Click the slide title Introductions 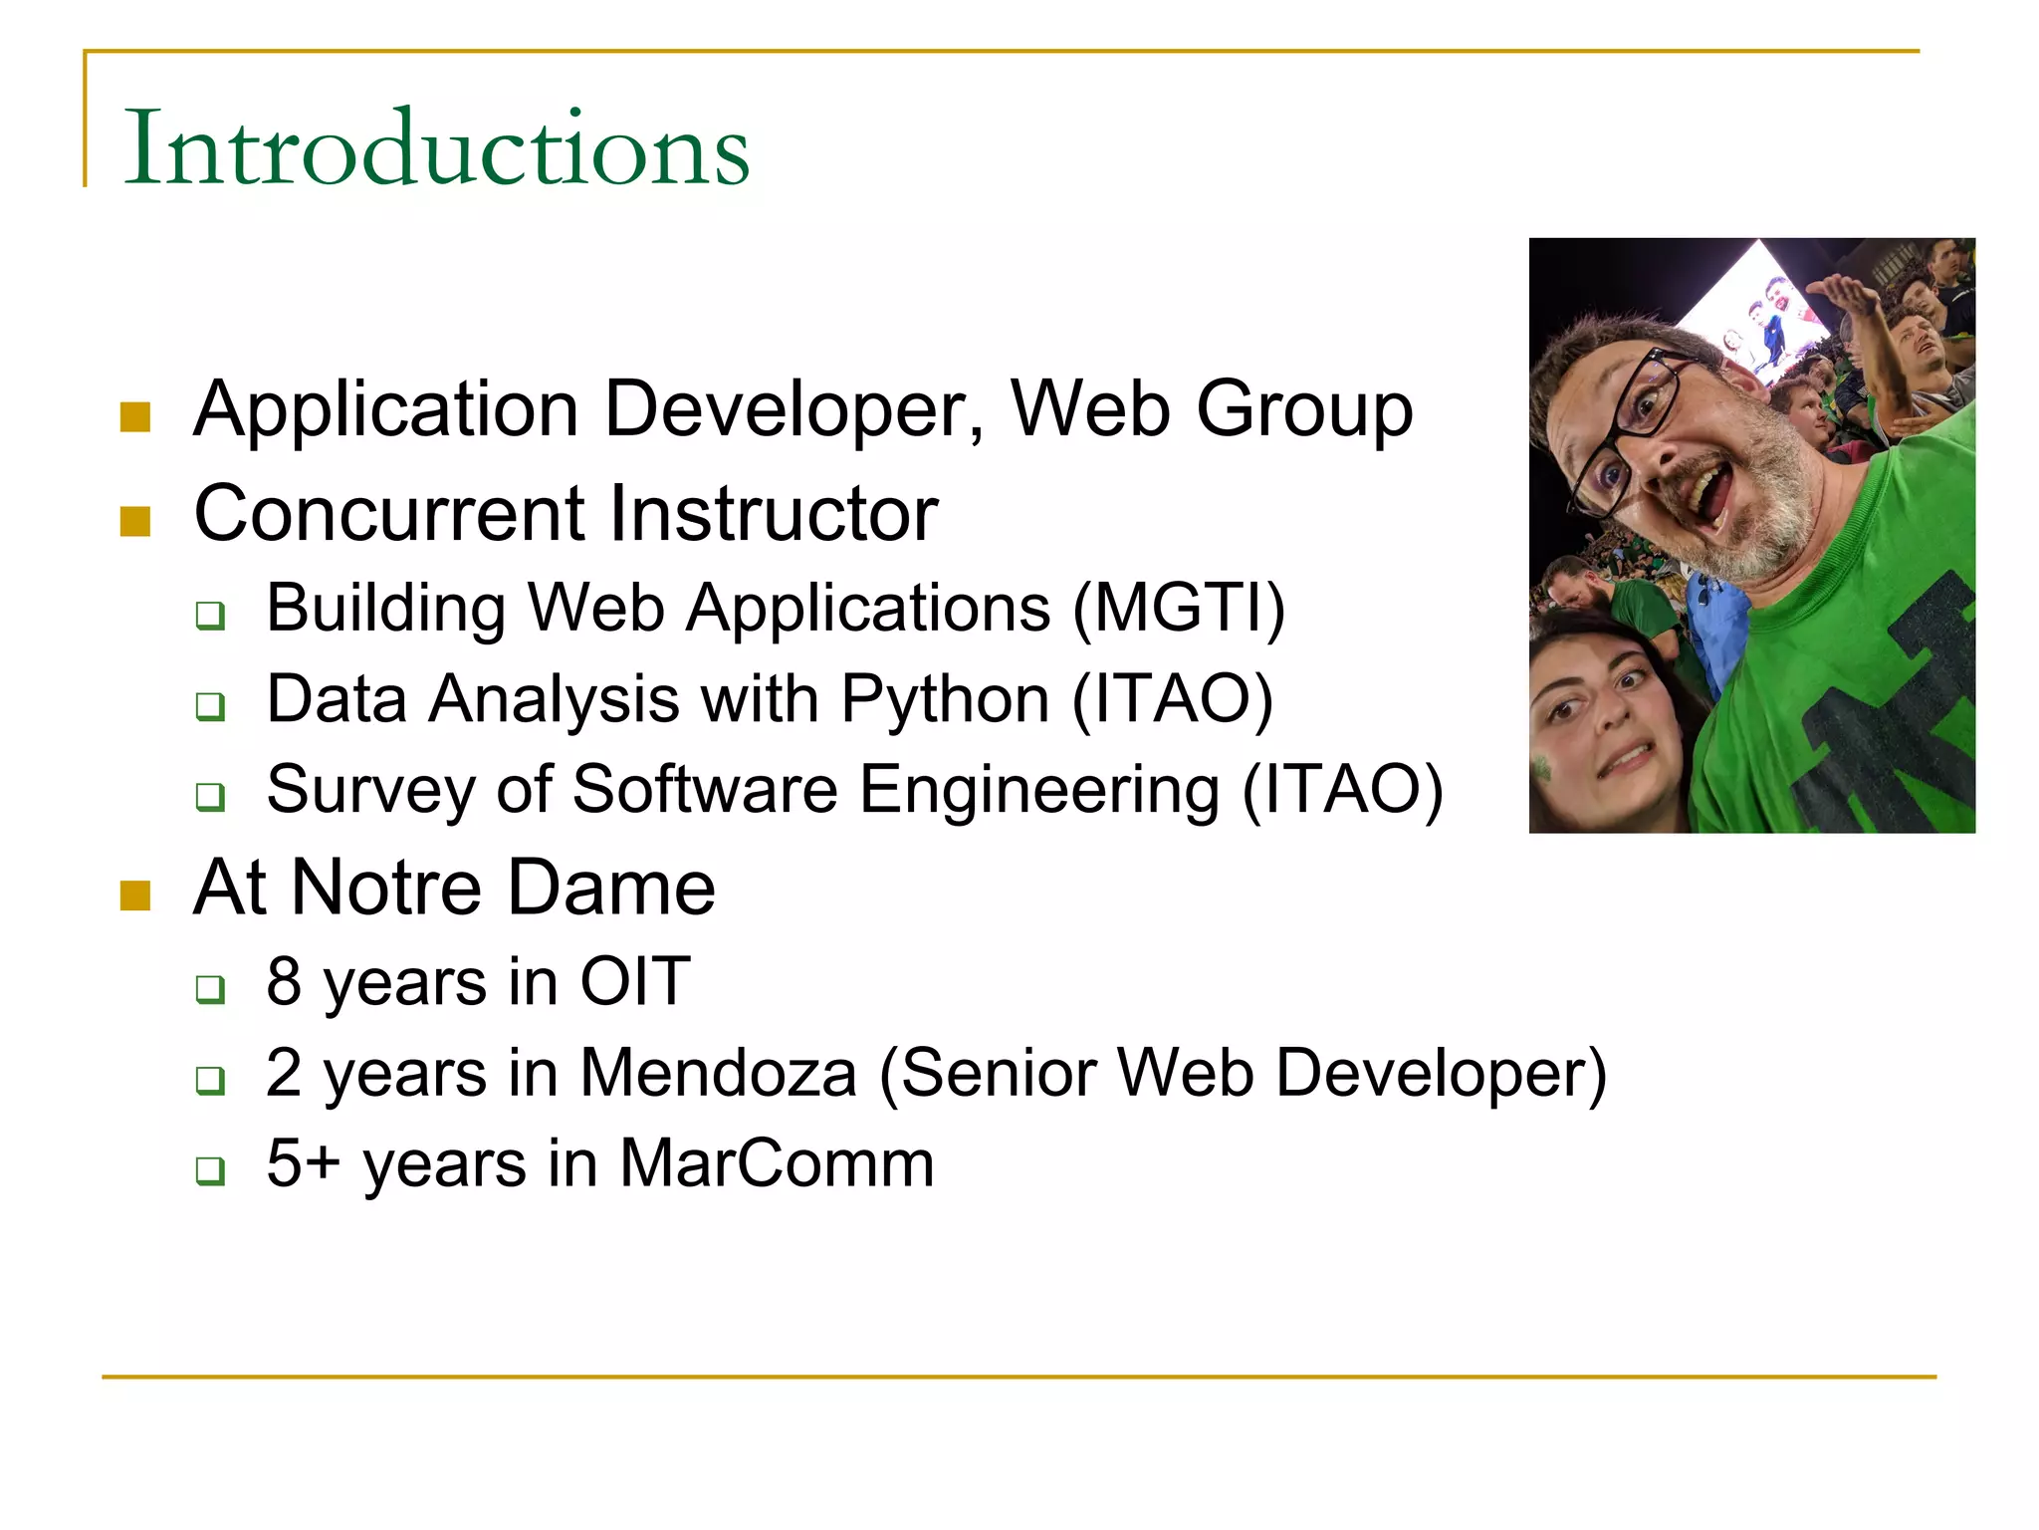tap(436, 149)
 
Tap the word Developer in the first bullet tap(793, 409)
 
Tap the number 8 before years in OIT tap(284, 981)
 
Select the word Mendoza tap(718, 1073)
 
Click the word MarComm tap(776, 1163)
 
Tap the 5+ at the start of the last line tap(303, 1163)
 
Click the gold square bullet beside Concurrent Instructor tap(135, 520)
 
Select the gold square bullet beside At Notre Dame tap(135, 894)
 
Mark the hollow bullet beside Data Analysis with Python tap(210, 706)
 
